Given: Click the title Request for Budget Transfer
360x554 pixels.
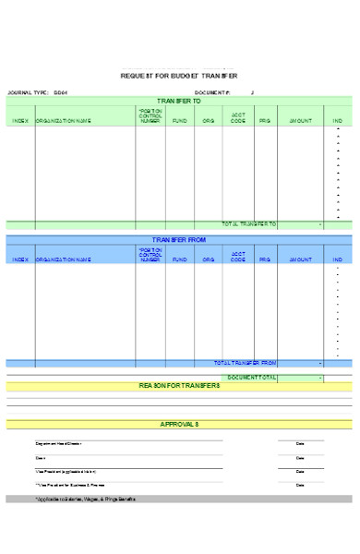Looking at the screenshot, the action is click(x=179, y=76).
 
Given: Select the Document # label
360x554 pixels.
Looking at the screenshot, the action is click(x=213, y=93).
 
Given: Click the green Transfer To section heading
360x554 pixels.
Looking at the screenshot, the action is click(x=179, y=101).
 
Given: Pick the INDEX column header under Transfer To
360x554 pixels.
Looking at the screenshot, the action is click(x=20, y=120).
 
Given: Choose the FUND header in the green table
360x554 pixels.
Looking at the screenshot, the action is click(x=179, y=120).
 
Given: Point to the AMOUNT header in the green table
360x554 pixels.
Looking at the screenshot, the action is click(x=301, y=120).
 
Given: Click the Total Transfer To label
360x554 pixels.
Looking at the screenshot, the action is click(x=248, y=223).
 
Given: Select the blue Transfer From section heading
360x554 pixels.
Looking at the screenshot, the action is click(x=179, y=240).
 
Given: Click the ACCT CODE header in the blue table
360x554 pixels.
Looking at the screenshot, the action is click(x=238, y=257).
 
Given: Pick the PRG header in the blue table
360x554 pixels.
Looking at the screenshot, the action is click(x=265, y=259).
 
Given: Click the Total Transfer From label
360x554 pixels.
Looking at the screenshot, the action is click(x=245, y=363).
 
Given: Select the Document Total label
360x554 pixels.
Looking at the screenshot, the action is click(x=251, y=378).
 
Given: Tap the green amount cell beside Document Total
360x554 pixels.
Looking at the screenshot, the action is click(x=301, y=378).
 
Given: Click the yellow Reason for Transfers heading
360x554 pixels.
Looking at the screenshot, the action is click(x=179, y=386).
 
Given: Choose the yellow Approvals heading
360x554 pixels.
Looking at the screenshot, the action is click(x=179, y=424).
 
